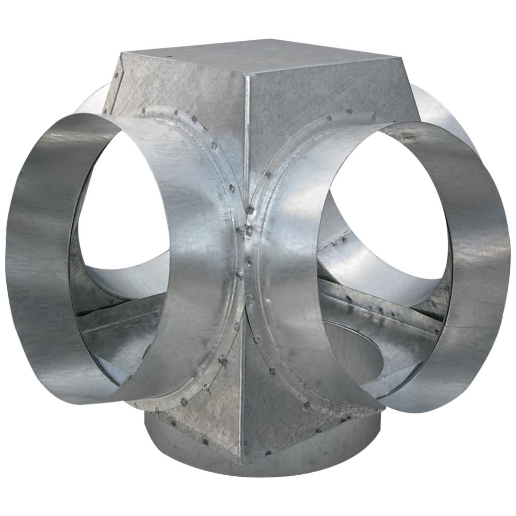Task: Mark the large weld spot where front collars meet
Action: click(x=249, y=231)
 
